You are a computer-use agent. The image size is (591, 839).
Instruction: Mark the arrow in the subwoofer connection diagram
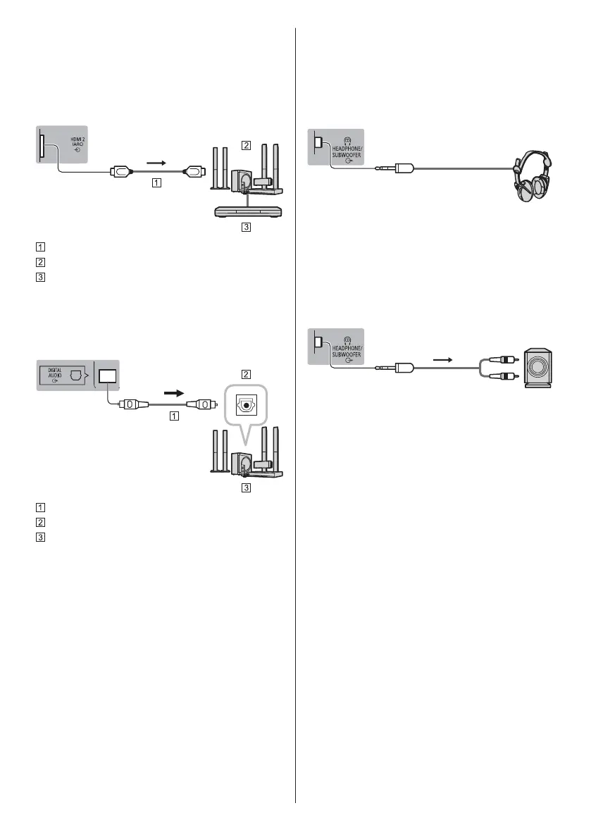point(442,358)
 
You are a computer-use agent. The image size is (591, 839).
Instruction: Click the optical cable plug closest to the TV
point(132,404)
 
